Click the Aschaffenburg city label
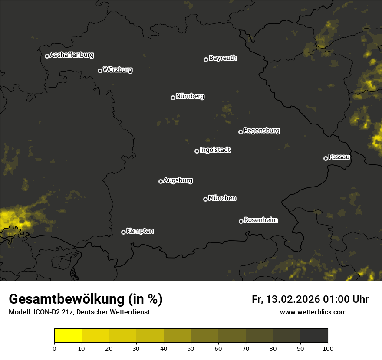point(72,55)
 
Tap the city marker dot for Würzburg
point(100,71)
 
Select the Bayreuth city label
point(223,58)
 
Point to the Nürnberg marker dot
point(173,98)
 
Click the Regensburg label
point(261,131)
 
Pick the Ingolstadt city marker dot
point(197,151)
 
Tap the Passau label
point(339,157)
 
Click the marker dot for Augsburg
point(161,181)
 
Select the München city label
point(222,198)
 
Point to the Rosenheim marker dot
point(241,221)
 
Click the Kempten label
point(140,231)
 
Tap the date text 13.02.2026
point(293,299)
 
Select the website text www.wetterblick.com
point(313,312)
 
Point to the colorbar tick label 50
point(191,348)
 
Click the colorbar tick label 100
point(327,348)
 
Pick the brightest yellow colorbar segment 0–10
point(68,335)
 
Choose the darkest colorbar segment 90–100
point(314,335)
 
